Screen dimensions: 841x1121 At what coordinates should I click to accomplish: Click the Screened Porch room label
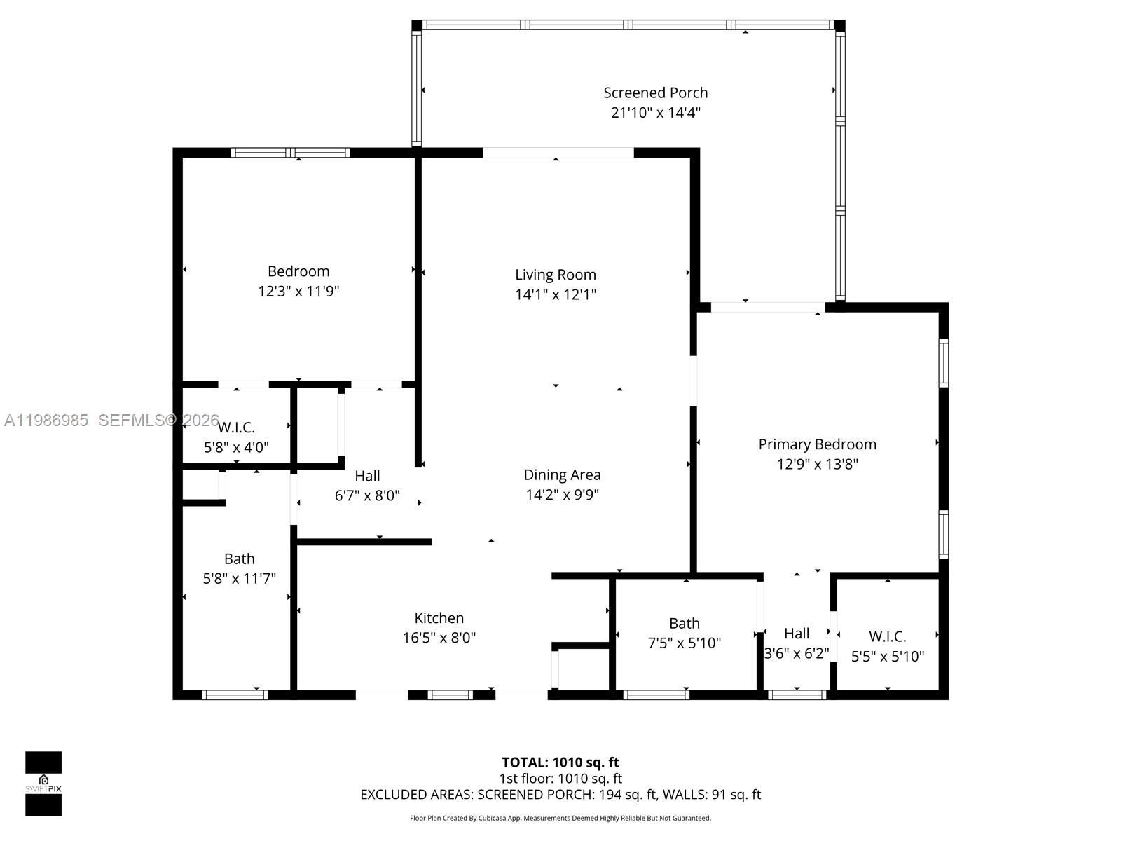point(655,93)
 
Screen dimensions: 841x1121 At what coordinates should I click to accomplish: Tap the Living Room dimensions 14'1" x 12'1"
point(556,294)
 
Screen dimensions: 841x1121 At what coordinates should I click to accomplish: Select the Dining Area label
point(562,474)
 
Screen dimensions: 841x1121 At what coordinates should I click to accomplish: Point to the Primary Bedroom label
point(817,444)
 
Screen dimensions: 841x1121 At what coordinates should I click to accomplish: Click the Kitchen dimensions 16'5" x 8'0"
point(439,638)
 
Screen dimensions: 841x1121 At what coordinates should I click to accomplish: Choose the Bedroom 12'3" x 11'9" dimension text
point(298,291)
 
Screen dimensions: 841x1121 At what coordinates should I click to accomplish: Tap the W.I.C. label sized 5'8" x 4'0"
point(236,428)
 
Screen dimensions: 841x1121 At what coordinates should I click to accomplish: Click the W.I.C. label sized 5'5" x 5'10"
point(887,636)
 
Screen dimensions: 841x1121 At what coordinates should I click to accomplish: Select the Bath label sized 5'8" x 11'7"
point(239,559)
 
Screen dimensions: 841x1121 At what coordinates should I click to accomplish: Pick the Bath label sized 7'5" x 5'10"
point(684,623)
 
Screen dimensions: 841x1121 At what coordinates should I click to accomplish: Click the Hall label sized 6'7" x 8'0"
point(367,476)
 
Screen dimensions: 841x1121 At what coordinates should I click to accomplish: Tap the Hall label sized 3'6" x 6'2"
point(797,634)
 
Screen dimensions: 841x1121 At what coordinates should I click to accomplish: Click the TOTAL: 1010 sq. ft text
point(560,763)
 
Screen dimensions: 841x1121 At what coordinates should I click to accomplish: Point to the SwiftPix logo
point(43,784)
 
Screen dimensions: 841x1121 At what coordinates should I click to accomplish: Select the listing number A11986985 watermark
point(46,420)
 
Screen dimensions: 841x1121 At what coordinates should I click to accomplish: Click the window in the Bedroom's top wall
point(290,152)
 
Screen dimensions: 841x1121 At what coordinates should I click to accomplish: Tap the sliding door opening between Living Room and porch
point(558,152)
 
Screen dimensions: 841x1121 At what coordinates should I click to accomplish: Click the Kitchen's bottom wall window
point(451,695)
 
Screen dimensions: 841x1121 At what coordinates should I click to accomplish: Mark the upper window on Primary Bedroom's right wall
point(944,362)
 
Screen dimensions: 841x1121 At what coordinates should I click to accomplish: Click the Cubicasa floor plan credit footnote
point(560,818)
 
